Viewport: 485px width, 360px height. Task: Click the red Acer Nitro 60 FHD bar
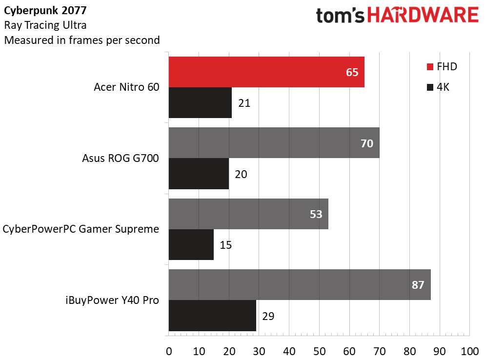(266, 72)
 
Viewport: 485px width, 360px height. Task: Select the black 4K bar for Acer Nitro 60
(200, 103)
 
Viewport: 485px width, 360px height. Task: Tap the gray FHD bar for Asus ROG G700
(274, 143)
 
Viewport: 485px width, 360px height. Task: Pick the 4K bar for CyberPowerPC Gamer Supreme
(191, 244)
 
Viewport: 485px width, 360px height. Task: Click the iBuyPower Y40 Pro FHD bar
(300, 284)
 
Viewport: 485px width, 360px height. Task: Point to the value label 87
(418, 285)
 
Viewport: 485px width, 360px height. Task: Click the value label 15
(225, 245)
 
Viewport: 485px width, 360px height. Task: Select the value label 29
(268, 316)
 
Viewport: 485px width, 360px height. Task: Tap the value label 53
(316, 214)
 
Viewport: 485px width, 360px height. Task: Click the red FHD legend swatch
(430, 67)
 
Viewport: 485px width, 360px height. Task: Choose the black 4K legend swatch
(430, 88)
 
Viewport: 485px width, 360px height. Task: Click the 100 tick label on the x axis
(469, 351)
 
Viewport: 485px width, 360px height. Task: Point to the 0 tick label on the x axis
(169, 351)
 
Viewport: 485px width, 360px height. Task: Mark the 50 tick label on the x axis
(319, 351)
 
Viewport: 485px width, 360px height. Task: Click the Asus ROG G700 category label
(121, 159)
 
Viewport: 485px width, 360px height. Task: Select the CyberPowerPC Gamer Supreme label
(81, 229)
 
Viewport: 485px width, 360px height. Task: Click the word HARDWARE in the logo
(423, 16)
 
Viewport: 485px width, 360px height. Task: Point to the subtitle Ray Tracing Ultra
(45, 25)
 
